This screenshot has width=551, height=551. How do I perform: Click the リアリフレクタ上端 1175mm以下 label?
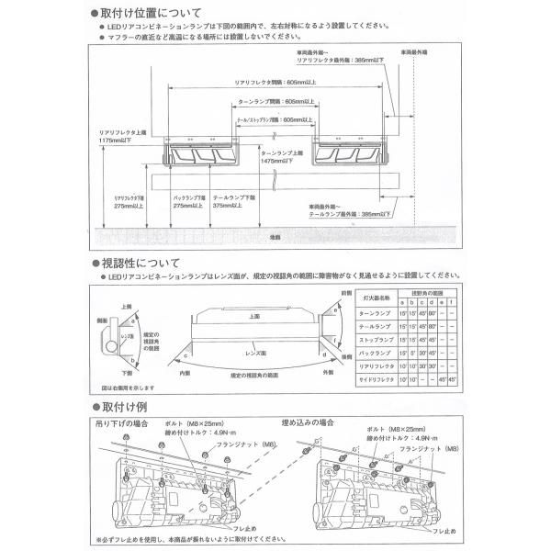[120, 138]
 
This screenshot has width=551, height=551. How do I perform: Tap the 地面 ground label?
[275, 237]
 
